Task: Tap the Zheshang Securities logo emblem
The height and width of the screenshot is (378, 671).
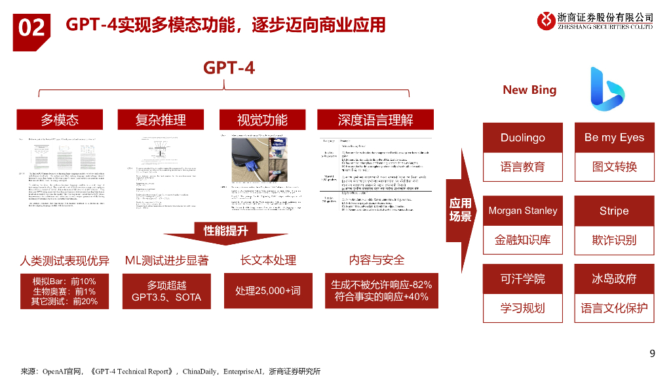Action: pos(546,20)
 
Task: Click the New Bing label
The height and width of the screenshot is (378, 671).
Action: pos(529,90)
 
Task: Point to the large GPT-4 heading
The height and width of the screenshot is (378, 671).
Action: pos(229,68)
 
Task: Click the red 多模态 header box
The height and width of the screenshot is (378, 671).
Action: pos(60,119)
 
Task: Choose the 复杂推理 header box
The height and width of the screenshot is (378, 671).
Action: pos(161,119)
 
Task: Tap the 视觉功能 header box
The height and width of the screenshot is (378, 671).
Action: pos(262,119)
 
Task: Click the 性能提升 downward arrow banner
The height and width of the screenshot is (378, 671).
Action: pos(225,231)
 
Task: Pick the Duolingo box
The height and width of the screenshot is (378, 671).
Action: pos(522,138)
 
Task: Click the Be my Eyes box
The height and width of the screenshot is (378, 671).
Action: pos(614,138)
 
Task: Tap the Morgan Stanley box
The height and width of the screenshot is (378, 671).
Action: pos(522,211)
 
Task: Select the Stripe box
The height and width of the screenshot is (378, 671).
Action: pos(614,211)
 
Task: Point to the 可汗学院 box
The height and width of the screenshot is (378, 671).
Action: pos(522,279)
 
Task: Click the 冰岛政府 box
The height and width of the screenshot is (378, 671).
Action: pos(614,279)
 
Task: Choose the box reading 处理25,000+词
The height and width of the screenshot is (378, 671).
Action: pos(267,291)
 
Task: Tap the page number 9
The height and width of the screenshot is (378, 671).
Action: pos(652,354)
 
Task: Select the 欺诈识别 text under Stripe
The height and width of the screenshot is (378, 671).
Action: pos(614,240)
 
